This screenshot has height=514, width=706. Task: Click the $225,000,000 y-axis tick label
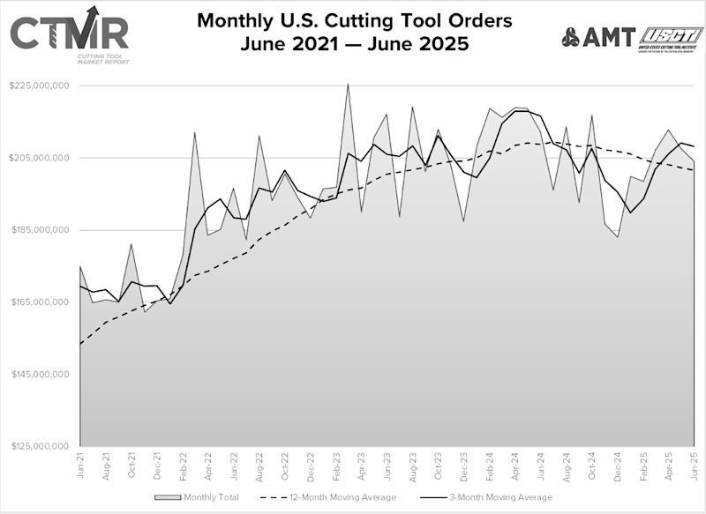40,86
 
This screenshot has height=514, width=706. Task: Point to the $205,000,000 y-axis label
40,159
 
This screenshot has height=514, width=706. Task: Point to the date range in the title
353,42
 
